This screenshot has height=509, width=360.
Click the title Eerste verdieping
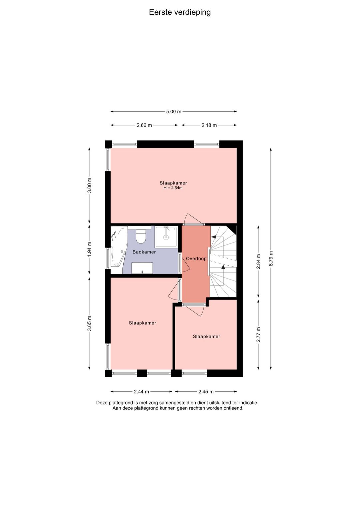[180, 12]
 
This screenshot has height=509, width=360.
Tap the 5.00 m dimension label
[174, 111]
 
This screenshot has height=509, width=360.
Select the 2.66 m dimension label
[144, 125]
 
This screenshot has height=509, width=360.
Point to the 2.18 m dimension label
[209, 125]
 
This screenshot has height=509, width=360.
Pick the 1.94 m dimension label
[89, 249]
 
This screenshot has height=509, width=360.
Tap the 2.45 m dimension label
[206, 392]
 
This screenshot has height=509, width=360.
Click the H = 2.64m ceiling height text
[173, 188]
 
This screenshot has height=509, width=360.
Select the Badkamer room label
[144, 252]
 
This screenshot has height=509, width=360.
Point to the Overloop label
[196, 259]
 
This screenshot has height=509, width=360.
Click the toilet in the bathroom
[140, 236]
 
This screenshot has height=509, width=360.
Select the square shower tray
[166, 237]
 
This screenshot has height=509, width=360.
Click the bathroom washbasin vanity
[142, 268]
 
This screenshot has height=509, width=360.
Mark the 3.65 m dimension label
[89, 324]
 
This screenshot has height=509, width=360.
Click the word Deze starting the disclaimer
[102, 403]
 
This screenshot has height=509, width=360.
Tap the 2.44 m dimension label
[142, 392]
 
